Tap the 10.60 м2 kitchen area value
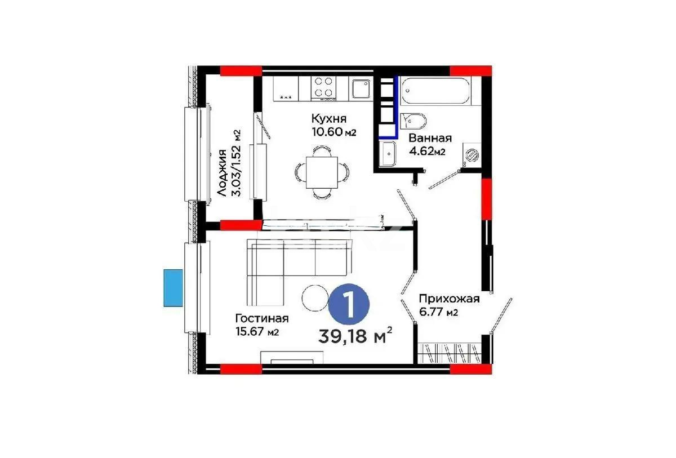334,133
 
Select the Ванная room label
430,138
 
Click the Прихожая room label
448,299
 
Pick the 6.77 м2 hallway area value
438,313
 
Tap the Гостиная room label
262,318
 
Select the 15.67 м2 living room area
257,332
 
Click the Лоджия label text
223,173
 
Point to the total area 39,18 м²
355,336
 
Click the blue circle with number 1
349,305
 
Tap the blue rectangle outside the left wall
174,288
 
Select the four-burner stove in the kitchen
323,87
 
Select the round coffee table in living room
314,297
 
